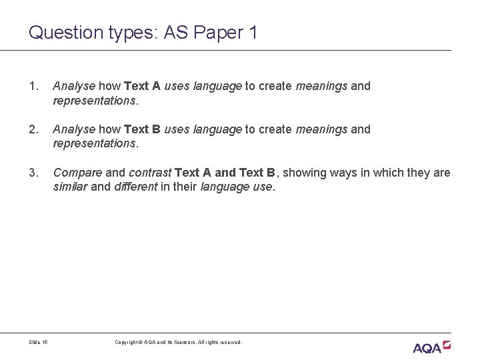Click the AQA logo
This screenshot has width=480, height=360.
(432, 346)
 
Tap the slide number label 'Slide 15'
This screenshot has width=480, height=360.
(39, 343)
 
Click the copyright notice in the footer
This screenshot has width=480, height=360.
(179, 343)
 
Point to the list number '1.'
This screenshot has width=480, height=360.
(33, 86)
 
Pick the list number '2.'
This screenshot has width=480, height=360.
(33, 129)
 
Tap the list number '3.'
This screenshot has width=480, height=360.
(33, 173)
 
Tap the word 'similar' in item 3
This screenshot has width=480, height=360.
(70, 187)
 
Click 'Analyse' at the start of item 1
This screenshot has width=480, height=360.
(75, 86)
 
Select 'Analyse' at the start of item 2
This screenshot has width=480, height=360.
(75, 129)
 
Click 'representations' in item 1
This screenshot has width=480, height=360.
(94, 100)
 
